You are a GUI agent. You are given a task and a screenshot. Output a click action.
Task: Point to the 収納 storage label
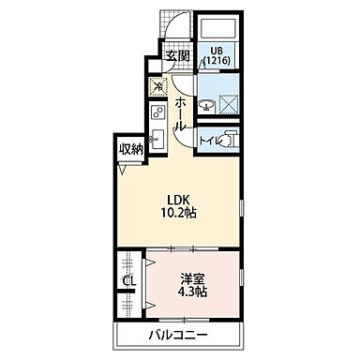(130, 148)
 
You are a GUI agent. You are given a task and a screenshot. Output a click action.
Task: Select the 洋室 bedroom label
(193, 277)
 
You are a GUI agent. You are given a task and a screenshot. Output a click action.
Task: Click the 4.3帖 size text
(193, 292)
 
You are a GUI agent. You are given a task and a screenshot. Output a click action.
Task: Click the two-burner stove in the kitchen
(157, 117)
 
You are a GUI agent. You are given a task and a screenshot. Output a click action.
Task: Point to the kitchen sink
(157, 142)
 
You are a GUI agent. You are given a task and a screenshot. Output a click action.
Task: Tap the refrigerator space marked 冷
(157, 83)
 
